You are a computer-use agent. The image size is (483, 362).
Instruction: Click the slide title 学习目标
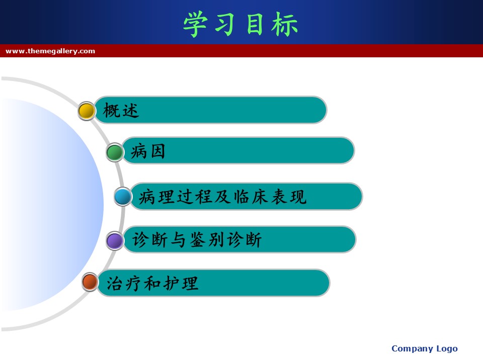pyautogui.click(x=240, y=24)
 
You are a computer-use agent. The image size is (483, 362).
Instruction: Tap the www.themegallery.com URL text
pyautogui.click(x=50, y=51)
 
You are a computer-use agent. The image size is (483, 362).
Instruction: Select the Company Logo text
pyautogui.click(x=425, y=349)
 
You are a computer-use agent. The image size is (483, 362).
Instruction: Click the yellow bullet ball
pyautogui.click(x=86, y=111)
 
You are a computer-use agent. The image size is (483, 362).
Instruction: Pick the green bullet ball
pyautogui.click(x=115, y=152)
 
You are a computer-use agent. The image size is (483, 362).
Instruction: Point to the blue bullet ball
pyautogui.click(x=123, y=197)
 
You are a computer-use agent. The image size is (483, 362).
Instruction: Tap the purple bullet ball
pyautogui.click(x=115, y=241)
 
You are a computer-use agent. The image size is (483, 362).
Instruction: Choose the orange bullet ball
pyautogui.click(x=90, y=282)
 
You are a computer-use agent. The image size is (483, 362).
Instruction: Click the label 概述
pyautogui.click(x=121, y=110)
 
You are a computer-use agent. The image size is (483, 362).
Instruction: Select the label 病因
pyautogui.click(x=148, y=151)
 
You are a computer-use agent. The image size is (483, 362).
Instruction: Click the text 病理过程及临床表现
pyautogui.click(x=222, y=197)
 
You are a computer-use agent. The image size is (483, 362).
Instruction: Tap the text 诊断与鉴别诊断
pyautogui.click(x=197, y=239)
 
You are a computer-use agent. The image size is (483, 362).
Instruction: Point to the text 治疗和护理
pyautogui.click(x=152, y=283)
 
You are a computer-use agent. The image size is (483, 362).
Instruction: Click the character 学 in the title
pyautogui.click(x=195, y=24)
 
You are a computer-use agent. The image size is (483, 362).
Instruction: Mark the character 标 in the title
pyautogui.click(x=285, y=24)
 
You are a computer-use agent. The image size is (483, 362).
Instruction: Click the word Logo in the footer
pyautogui.click(x=447, y=349)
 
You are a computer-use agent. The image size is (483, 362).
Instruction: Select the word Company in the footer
pyautogui.click(x=413, y=349)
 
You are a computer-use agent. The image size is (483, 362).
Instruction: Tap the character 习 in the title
pyautogui.click(x=225, y=24)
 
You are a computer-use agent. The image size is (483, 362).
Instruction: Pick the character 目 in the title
pyautogui.click(x=255, y=24)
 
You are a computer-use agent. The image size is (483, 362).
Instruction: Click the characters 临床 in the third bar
pyautogui.click(x=251, y=197)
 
